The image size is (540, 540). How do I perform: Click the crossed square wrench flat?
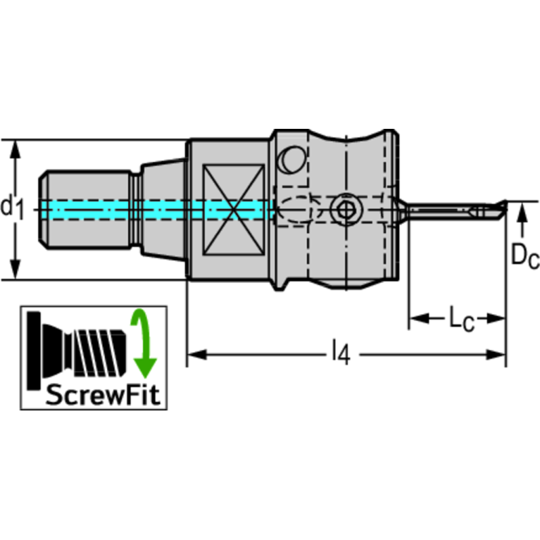click(233, 209)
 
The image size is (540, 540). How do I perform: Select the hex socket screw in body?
click(345, 209)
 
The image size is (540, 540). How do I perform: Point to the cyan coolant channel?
click(155, 209)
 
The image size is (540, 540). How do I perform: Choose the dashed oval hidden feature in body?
click(296, 209)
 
